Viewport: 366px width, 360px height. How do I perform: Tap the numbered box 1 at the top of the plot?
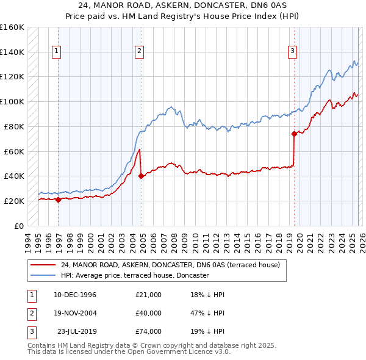tap(56, 52)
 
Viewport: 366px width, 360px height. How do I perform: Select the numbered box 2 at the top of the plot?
tap(140, 52)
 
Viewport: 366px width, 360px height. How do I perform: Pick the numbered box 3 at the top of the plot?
tap(293, 52)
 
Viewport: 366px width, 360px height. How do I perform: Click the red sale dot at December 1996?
tap(59, 199)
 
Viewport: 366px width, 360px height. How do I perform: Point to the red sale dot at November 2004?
tap(142, 176)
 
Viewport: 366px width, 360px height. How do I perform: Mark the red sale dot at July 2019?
tap(294, 133)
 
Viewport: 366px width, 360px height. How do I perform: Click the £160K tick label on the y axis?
tap(12, 27)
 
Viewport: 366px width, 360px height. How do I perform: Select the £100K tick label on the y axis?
tap(12, 102)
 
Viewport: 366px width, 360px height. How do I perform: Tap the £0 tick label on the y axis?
tap(18, 226)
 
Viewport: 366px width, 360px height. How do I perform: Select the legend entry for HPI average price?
tap(135, 276)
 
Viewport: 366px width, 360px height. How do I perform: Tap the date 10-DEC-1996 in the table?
tap(75, 295)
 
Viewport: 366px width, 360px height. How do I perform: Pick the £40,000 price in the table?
tap(149, 313)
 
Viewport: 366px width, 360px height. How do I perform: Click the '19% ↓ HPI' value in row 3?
tap(207, 331)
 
